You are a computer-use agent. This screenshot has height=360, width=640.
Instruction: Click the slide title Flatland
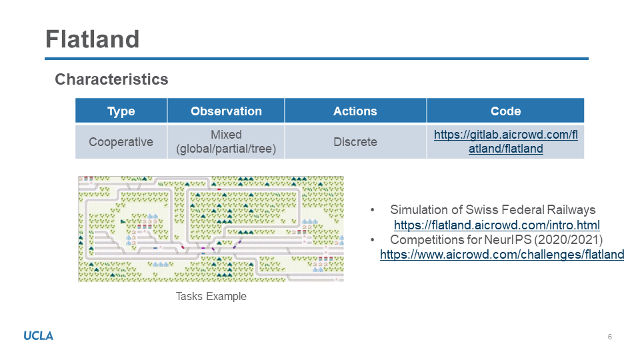pyautogui.click(x=92, y=39)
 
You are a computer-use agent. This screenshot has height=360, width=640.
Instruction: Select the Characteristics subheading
pyautogui.click(x=111, y=79)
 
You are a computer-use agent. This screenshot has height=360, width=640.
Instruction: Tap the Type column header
pyautogui.click(x=121, y=111)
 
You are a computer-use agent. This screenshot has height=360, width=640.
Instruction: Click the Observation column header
pyautogui.click(x=226, y=111)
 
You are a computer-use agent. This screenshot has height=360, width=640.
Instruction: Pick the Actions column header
pyautogui.click(x=355, y=111)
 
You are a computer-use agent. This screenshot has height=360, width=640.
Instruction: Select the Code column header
pyautogui.click(x=506, y=111)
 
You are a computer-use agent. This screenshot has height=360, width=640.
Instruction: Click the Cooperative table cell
pyautogui.click(x=121, y=141)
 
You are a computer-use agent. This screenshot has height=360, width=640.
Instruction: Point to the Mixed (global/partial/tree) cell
pyautogui.click(x=226, y=141)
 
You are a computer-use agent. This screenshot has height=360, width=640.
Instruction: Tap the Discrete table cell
pyautogui.click(x=355, y=141)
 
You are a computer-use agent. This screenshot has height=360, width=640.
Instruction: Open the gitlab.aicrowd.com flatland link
pyautogui.click(x=506, y=141)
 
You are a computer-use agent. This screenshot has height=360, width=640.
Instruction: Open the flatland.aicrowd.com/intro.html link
pyautogui.click(x=497, y=225)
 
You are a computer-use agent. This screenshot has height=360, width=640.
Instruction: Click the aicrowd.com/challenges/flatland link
pyautogui.click(x=502, y=254)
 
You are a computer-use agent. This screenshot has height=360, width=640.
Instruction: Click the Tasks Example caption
pyautogui.click(x=211, y=296)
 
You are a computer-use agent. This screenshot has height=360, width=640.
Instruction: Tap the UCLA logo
pyautogui.click(x=39, y=336)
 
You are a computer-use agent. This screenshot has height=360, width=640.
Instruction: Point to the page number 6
pyautogui.click(x=610, y=337)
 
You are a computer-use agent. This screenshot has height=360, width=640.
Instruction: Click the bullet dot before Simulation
pyautogui.click(x=372, y=210)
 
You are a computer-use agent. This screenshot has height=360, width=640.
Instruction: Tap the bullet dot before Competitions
pyautogui.click(x=372, y=240)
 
